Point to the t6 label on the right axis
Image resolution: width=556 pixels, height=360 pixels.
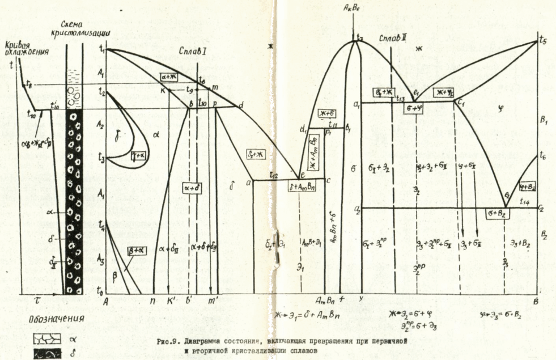[543, 155]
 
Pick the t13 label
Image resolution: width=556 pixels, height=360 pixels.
[400, 98]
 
